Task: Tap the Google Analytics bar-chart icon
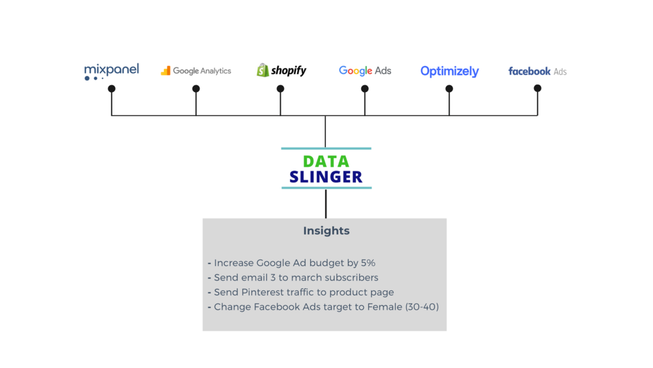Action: [x=166, y=71]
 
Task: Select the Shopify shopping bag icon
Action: [x=263, y=70]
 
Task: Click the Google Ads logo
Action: [x=364, y=71]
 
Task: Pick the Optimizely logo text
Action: [x=449, y=71]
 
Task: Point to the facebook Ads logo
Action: [x=537, y=71]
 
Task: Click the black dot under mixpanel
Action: [x=112, y=89]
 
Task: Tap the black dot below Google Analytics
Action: [x=196, y=89]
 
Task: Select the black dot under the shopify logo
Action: [x=280, y=89]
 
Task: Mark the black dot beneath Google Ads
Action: [x=364, y=89]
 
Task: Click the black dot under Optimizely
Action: [x=449, y=89]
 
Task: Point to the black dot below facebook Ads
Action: [x=537, y=88]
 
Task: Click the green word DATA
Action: [x=326, y=161]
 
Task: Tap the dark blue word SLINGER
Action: [x=326, y=177]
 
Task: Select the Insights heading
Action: [x=326, y=231]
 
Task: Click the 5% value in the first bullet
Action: [x=368, y=263]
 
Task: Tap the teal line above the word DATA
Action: [x=326, y=148]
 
